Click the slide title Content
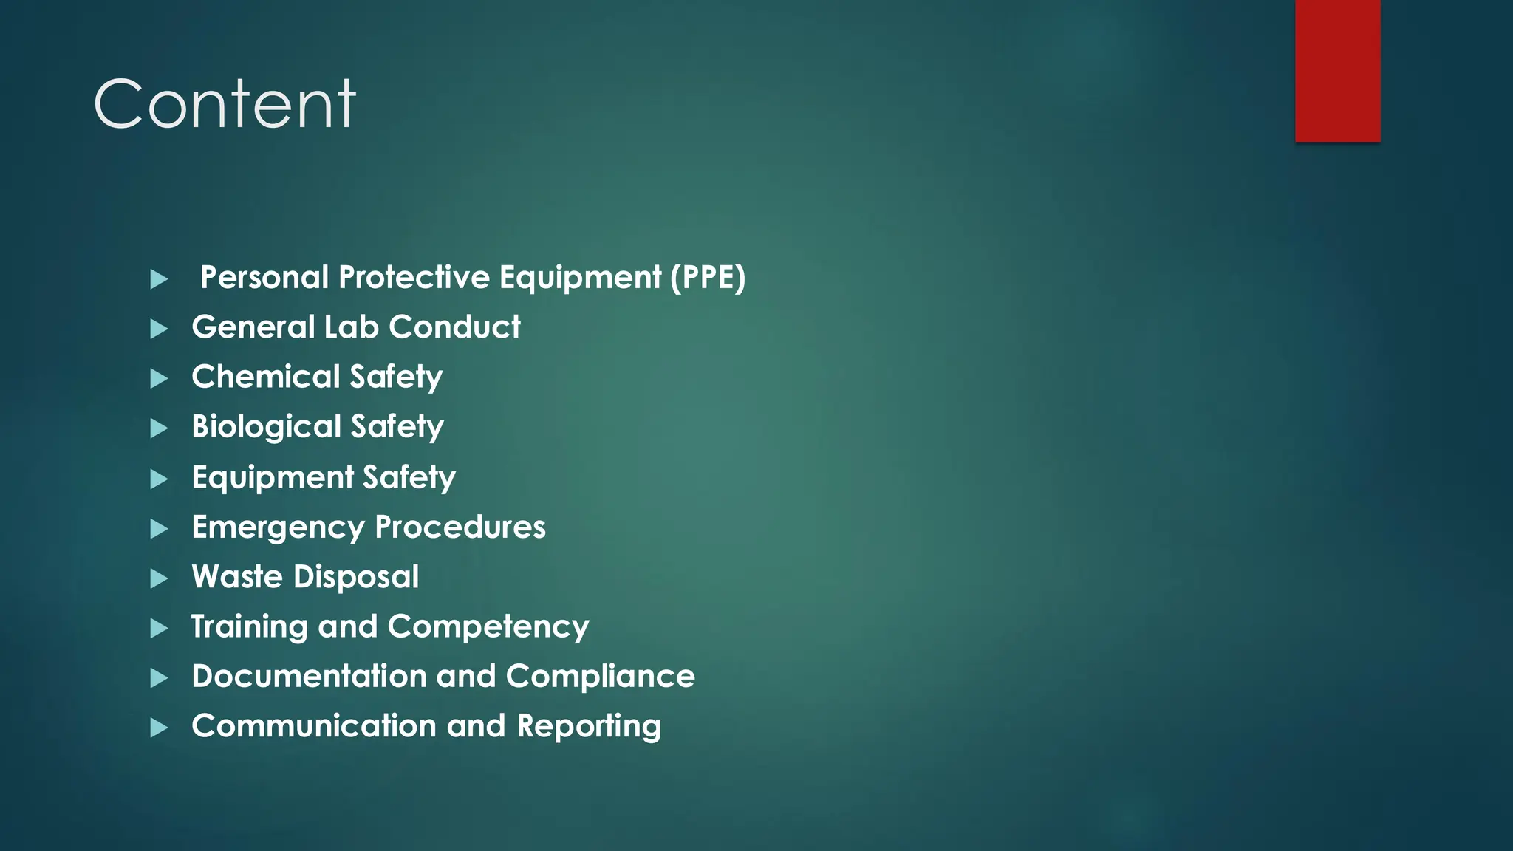point(225,104)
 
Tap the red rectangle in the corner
point(1337,70)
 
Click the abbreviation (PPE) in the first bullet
point(708,278)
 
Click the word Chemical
point(265,377)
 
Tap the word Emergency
point(278,528)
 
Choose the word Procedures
point(460,527)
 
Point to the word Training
point(249,627)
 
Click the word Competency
point(488,627)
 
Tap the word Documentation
point(309,677)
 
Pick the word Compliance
point(600,677)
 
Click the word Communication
point(314,726)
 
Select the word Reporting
point(589,727)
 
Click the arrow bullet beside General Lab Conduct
point(159,329)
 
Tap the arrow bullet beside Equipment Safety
point(159,479)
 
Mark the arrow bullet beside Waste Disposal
point(159,578)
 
